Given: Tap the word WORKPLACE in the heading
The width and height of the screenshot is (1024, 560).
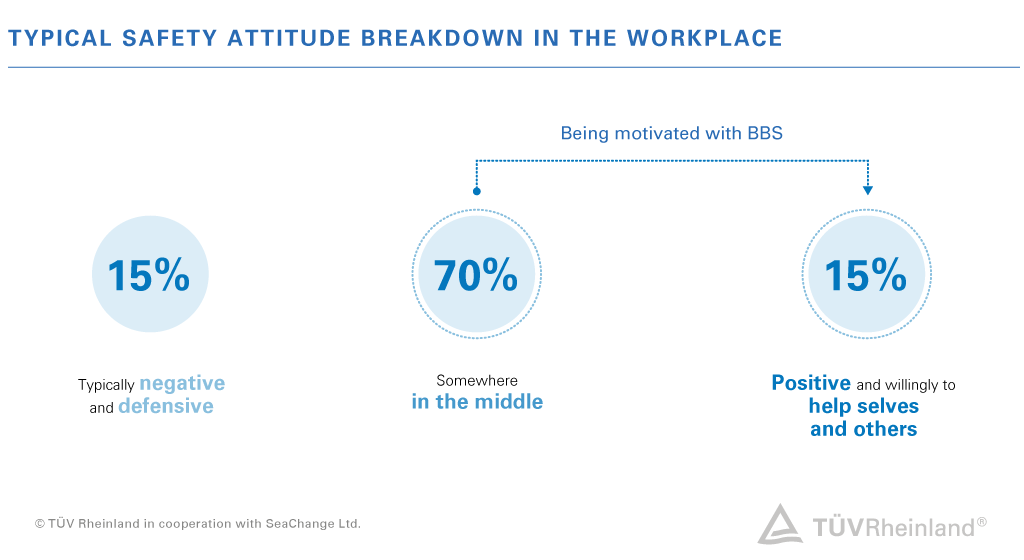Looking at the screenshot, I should point(704,39).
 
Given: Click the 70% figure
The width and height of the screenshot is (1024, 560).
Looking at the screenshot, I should point(476,275).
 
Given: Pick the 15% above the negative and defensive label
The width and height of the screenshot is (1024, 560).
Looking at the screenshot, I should point(148,275).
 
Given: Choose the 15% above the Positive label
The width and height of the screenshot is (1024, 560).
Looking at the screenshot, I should point(866,275).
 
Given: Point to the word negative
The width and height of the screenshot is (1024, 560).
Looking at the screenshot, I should point(182,383).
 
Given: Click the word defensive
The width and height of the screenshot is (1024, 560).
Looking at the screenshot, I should point(166,407).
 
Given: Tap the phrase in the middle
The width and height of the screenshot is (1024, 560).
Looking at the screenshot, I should point(477,402).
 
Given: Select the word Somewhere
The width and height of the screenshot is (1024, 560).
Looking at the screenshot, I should point(477,381).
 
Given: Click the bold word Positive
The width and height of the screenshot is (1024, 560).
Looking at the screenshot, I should point(811,383).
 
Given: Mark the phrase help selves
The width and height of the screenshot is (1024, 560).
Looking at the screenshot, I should point(863,407).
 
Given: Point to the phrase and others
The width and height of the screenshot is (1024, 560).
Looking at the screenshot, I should point(863,429).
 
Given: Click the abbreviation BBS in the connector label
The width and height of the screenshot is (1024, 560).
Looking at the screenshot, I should point(765,133).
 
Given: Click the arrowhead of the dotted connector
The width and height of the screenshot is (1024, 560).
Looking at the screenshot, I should point(867,189).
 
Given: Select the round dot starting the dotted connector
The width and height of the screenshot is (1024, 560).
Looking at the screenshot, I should point(477,190).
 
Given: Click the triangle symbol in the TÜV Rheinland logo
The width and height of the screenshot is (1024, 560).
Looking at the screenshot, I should point(780,524).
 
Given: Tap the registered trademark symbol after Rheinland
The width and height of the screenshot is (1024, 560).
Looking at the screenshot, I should point(982,521).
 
